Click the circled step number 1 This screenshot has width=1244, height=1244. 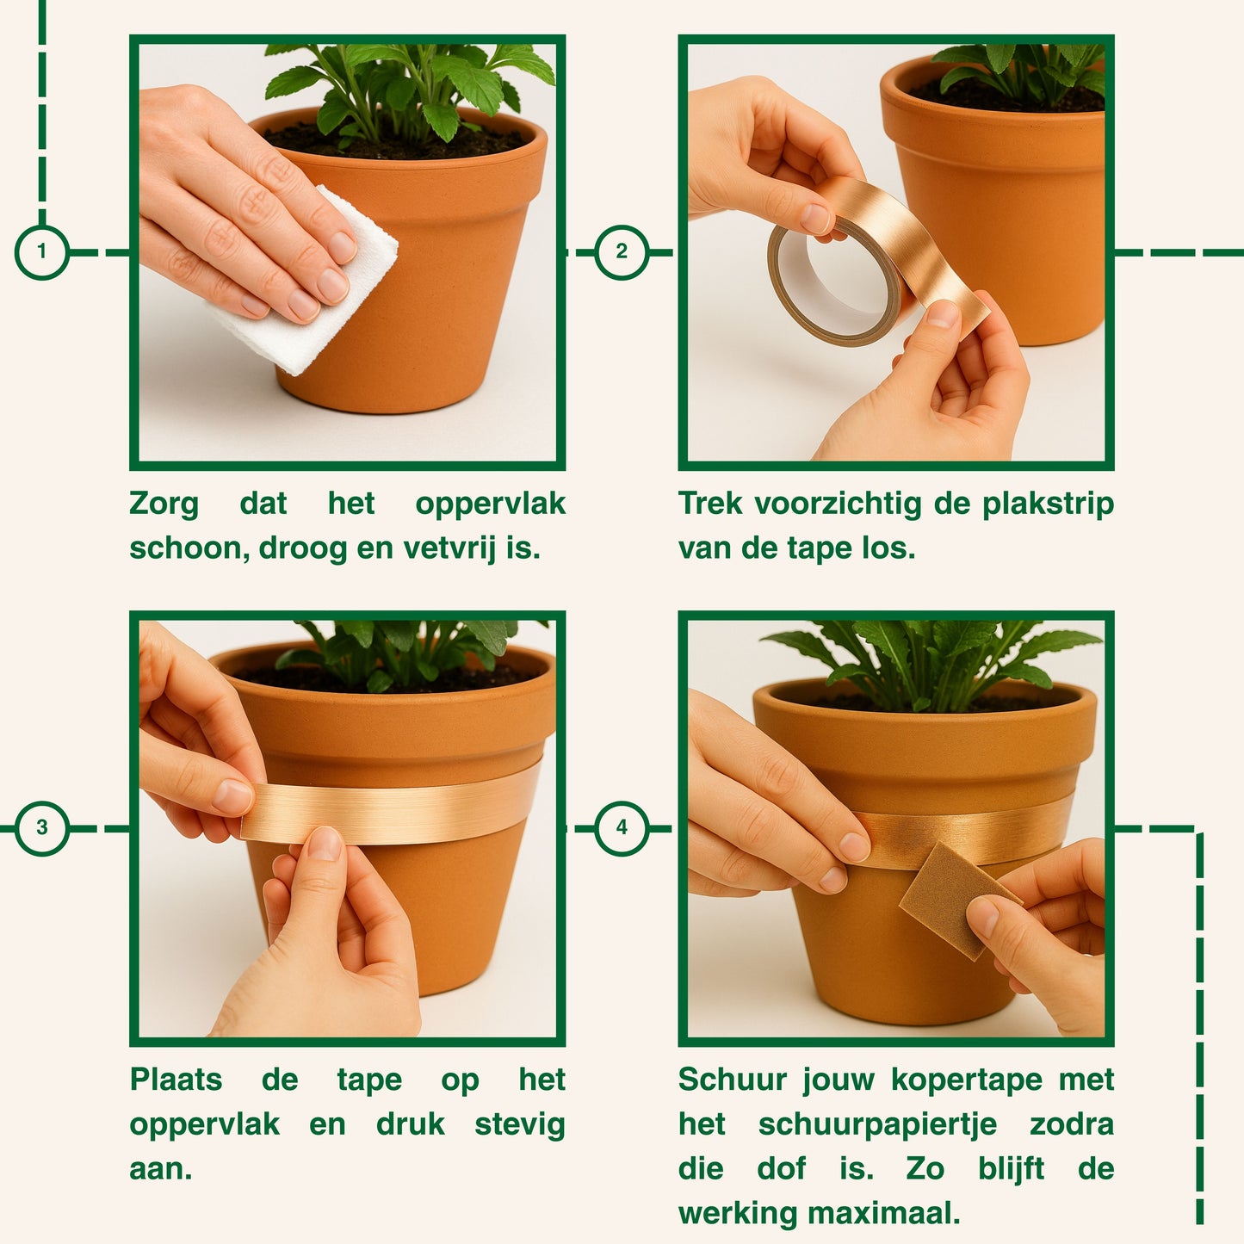[42, 251]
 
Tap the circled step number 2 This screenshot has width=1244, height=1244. [621, 251]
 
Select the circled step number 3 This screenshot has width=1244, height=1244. [42, 827]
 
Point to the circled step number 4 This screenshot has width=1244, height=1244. [621, 827]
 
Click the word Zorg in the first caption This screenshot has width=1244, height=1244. [164, 504]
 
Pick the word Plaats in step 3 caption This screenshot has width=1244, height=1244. [176, 1080]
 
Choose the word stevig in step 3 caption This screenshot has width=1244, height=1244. [520, 1124]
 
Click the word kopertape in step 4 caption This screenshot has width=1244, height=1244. [967, 1080]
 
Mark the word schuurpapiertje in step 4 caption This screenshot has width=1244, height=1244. [877, 1124]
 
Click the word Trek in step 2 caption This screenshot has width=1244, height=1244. [710, 504]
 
